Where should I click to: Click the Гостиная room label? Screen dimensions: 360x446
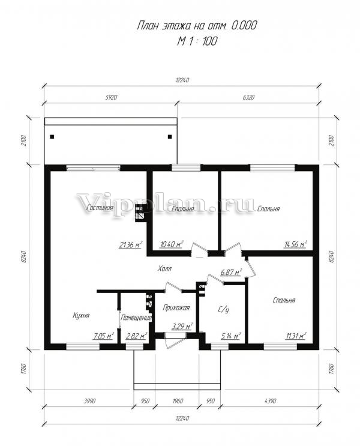100,208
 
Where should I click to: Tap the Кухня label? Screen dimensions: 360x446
81,316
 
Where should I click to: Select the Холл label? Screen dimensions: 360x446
164,268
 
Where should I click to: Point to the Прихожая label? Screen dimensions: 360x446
176,307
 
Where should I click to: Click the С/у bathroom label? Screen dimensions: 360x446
224,310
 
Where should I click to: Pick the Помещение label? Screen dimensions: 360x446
136,318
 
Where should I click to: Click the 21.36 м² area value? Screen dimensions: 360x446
131,245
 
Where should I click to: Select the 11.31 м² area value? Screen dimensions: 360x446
296,336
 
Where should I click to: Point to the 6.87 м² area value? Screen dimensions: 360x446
231,272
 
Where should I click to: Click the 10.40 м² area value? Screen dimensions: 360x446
171,244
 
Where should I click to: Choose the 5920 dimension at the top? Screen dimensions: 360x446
111,97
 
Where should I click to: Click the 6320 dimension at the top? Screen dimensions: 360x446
248,97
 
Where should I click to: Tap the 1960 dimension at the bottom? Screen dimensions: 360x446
178,401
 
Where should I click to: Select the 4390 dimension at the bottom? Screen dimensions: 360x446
270,401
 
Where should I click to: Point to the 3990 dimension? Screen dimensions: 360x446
89,401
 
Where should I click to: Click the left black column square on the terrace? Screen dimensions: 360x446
52,137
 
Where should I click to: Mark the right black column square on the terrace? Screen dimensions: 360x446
170,137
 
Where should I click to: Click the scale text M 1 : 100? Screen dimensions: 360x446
197,41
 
